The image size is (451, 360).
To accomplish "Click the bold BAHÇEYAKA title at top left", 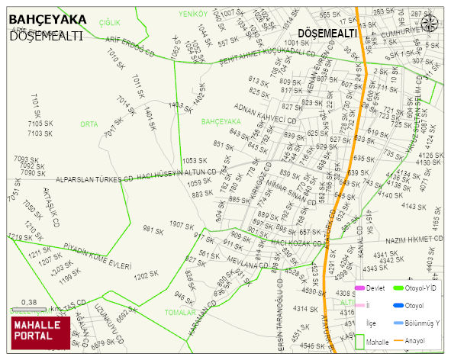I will click(x=47, y=21).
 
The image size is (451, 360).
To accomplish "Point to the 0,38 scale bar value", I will click(x=30, y=302).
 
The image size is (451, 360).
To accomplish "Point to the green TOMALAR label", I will click(x=180, y=312).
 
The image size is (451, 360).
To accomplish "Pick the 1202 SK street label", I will click(x=146, y=275).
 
